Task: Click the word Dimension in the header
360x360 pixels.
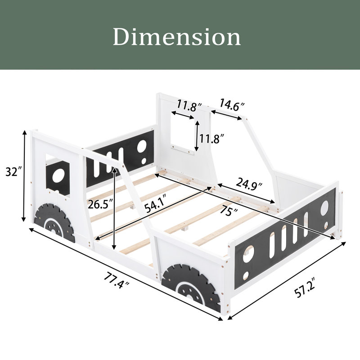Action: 177,37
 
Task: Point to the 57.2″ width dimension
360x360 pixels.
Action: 305,287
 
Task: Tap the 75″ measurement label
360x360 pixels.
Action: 229,211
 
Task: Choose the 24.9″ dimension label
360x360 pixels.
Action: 249,184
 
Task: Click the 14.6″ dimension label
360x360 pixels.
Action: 232,104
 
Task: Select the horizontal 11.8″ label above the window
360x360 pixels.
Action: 189,106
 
